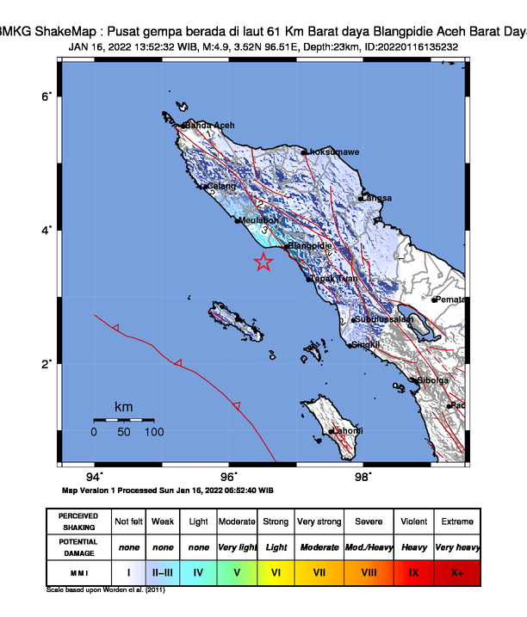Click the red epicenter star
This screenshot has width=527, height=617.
coord(263,263)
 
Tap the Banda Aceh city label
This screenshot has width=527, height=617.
coord(210,126)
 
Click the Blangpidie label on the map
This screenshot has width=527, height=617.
coord(310,246)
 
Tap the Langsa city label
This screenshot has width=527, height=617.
coord(378,198)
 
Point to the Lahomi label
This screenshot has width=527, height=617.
coord(348,430)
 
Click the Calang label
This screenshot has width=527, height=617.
coord(221,186)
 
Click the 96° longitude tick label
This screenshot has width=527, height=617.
coord(229,477)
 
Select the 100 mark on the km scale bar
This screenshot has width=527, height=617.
coord(153,432)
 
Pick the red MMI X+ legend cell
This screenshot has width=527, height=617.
coord(456,571)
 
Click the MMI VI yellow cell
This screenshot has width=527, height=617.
coord(276,571)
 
